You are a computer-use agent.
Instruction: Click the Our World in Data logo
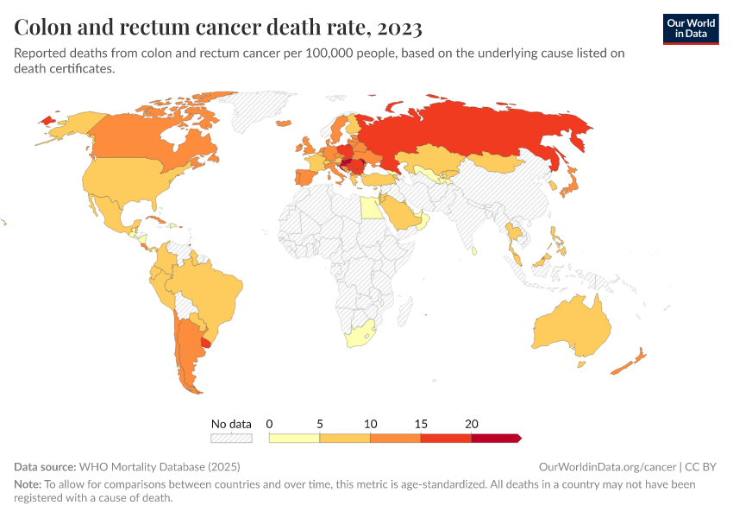click(690, 28)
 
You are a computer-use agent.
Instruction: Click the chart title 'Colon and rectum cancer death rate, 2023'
click(218, 28)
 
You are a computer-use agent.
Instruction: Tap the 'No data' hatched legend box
click(231, 439)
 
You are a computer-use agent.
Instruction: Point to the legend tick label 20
click(471, 424)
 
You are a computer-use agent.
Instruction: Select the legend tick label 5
click(320, 424)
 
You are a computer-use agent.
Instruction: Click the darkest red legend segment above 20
click(495, 439)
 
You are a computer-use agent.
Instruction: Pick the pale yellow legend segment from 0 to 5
click(294, 439)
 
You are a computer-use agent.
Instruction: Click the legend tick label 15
click(421, 424)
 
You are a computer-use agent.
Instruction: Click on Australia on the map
click(570, 327)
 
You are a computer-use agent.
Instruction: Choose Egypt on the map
click(370, 208)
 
